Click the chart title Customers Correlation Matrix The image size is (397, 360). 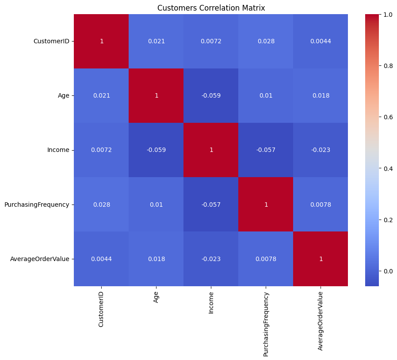point(210,8)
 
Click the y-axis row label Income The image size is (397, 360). point(58,150)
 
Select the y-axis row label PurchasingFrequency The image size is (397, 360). point(37,205)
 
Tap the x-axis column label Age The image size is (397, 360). point(156,299)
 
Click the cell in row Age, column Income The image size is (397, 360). point(211,95)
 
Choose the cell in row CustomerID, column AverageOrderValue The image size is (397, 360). point(321,41)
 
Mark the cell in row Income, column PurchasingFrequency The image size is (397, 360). point(266,150)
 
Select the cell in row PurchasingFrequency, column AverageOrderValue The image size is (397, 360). point(321,205)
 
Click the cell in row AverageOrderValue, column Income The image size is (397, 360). point(211,259)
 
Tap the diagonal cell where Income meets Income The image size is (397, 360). point(211,150)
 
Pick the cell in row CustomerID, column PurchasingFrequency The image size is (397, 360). point(266,41)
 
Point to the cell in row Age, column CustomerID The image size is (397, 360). point(101,95)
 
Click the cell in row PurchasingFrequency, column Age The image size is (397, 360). point(156,205)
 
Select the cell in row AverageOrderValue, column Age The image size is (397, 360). point(156,259)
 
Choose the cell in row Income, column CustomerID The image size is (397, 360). point(101,150)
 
